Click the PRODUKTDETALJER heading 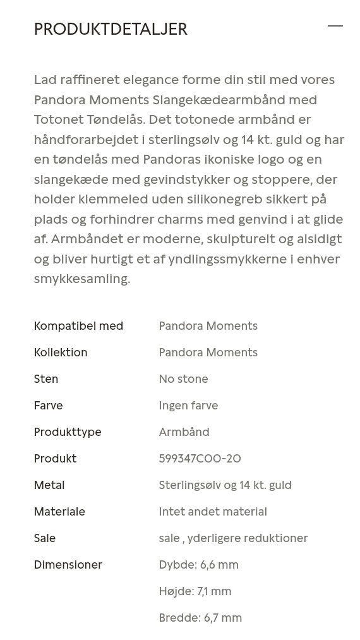click(x=111, y=29)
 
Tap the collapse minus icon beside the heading click(x=335, y=26)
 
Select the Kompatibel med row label click(x=78, y=326)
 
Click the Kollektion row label click(x=61, y=353)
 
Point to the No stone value click(x=183, y=379)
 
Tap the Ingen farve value click(x=188, y=406)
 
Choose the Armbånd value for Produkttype click(x=184, y=432)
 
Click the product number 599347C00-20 click(x=200, y=459)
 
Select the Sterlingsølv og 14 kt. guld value click(x=225, y=485)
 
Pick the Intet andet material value click(x=213, y=512)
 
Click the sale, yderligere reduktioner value click(x=233, y=538)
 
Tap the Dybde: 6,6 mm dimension click(x=198, y=565)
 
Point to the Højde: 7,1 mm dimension click(x=195, y=591)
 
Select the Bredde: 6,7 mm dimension click(x=200, y=618)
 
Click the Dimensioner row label click(x=68, y=565)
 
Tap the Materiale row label click(x=59, y=512)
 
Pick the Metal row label click(x=49, y=485)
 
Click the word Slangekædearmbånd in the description click(x=234, y=100)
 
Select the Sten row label click(x=46, y=379)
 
